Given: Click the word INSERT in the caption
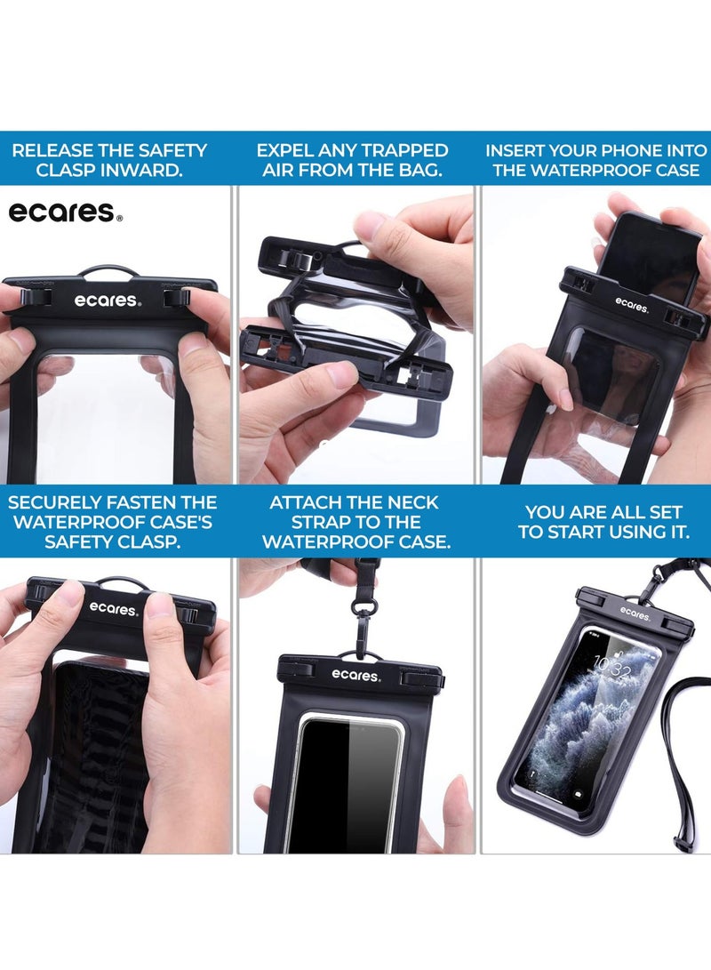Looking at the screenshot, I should [517, 150].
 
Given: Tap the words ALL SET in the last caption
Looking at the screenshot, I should [641, 512].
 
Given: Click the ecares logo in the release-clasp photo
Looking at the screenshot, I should [107, 301].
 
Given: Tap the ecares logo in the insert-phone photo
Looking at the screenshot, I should [631, 304].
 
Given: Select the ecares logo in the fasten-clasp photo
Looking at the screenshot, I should [113, 609].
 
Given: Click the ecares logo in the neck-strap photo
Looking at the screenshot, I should [356, 675].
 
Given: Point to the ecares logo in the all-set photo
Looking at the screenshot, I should [635, 613].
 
